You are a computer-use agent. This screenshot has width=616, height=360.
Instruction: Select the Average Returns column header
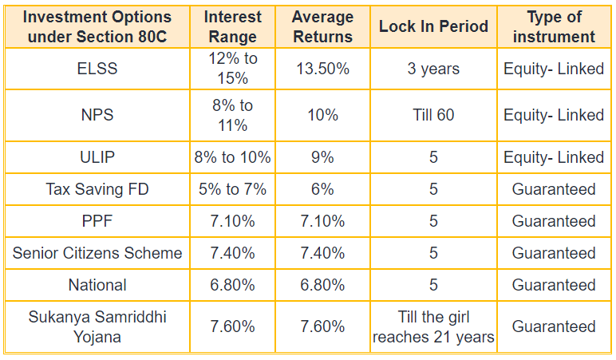pyautogui.click(x=322, y=26)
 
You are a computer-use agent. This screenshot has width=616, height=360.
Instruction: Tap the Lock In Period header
pyautogui.click(x=433, y=26)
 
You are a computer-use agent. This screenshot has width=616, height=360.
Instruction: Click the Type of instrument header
pyautogui.click(x=554, y=26)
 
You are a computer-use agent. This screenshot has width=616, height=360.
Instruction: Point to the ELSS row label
pyautogui.click(x=97, y=69)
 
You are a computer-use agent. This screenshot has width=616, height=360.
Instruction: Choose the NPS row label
pyautogui.click(x=97, y=115)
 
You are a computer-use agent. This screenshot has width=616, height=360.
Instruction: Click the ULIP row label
pyautogui.click(x=97, y=157)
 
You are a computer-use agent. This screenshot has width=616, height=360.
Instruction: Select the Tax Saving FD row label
pyautogui.click(x=97, y=189)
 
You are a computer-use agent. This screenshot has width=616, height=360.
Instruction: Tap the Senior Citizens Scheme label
pyautogui.click(x=97, y=253)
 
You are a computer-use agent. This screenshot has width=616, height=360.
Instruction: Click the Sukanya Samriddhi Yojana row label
pyautogui.click(x=97, y=326)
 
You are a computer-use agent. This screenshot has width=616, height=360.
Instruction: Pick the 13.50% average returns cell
pyautogui.click(x=322, y=69)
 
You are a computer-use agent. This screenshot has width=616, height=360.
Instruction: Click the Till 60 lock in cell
pyautogui.click(x=433, y=115)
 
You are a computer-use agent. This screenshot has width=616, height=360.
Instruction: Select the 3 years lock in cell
pyautogui.click(x=433, y=69)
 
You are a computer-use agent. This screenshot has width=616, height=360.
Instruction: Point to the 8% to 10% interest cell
pyautogui.click(x=232, y=157)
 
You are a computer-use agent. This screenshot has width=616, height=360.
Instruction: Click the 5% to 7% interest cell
pyautogui.click(x=232, y=189)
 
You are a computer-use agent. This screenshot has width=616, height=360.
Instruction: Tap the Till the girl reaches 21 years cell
pyautogui.click(x=433, y=326)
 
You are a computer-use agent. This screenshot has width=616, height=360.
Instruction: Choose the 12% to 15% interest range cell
pyautogui.click(x=232, y=69)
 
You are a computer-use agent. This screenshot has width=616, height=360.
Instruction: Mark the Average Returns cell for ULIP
pyautogui.click(x=322, y=157)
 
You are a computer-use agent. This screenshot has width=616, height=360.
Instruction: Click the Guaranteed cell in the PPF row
pyautogui.click(x=554, y=221)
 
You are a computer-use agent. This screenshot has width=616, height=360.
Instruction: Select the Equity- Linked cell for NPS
pyautogui.click(x=554, y=115)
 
